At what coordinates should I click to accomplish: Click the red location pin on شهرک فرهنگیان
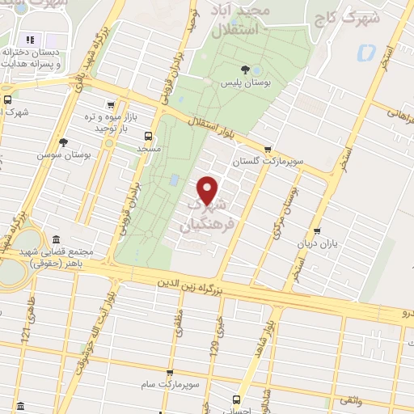[209, 188]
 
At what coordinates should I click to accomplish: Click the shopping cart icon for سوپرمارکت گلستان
[268, 148]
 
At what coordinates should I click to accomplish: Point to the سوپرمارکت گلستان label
[268, 162]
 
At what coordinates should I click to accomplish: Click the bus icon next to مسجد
[148, 137]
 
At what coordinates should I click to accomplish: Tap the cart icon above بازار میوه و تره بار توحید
[109, 105]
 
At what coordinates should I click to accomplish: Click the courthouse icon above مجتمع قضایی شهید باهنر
[55, 239]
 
